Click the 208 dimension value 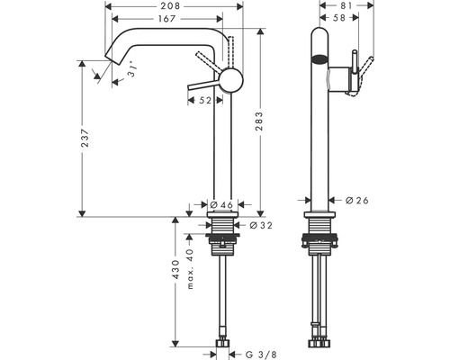173,5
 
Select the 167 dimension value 165,18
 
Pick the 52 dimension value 204,101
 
